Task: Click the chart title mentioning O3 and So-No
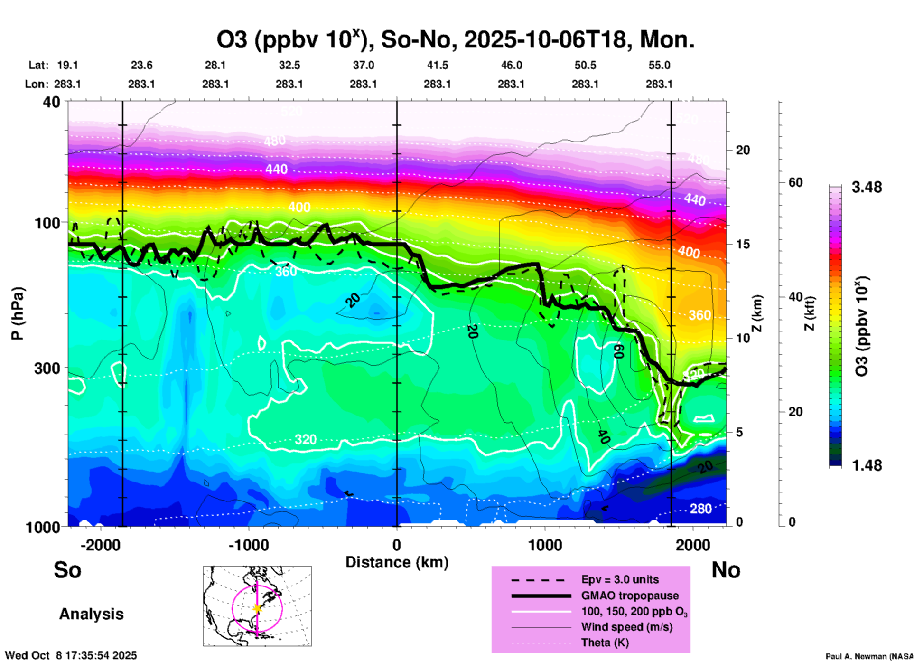click(x=456, y=40)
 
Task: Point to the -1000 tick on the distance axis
click(x=248, y=545)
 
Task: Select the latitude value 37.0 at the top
click(x=364, y=65)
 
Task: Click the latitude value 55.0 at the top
click(x=659, y=65)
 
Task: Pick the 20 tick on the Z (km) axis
click(x=743, y=150)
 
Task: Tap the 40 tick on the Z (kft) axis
click(x=795, y=297)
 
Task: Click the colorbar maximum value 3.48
click(x=867, y=188)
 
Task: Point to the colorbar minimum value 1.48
click(x=867, y=465)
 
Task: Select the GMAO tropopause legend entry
click(x=630, y=596)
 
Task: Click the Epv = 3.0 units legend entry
click(x=620, y=580)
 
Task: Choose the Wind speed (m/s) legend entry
click(x=626, y=627)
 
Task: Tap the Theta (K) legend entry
click(x=605, y=643)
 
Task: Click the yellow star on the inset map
click(x=257, y=608)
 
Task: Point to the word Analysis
click(x=91, y=614)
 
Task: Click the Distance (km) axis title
click(x=397, y=562)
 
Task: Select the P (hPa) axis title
click(x=18, y=313)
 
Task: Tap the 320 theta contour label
click(x=305, y=439)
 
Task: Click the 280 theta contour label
click(x=700, y=509)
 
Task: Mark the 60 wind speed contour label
click(x=618, y=351)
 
